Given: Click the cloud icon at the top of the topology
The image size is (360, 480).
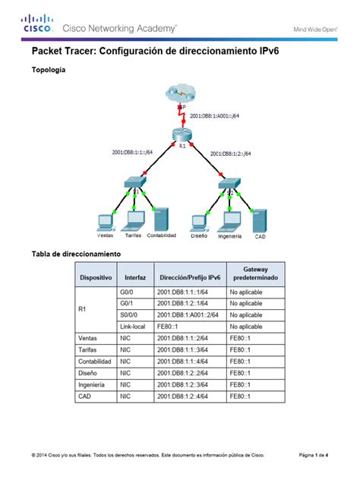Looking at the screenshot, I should click(x=180, y=93).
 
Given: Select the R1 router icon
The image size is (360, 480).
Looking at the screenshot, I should click(x=181, y=135).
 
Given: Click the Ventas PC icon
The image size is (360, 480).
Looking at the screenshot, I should click(x=105, y=222).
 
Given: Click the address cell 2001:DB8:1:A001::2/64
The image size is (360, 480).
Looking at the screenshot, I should click(x=188, y=314).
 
